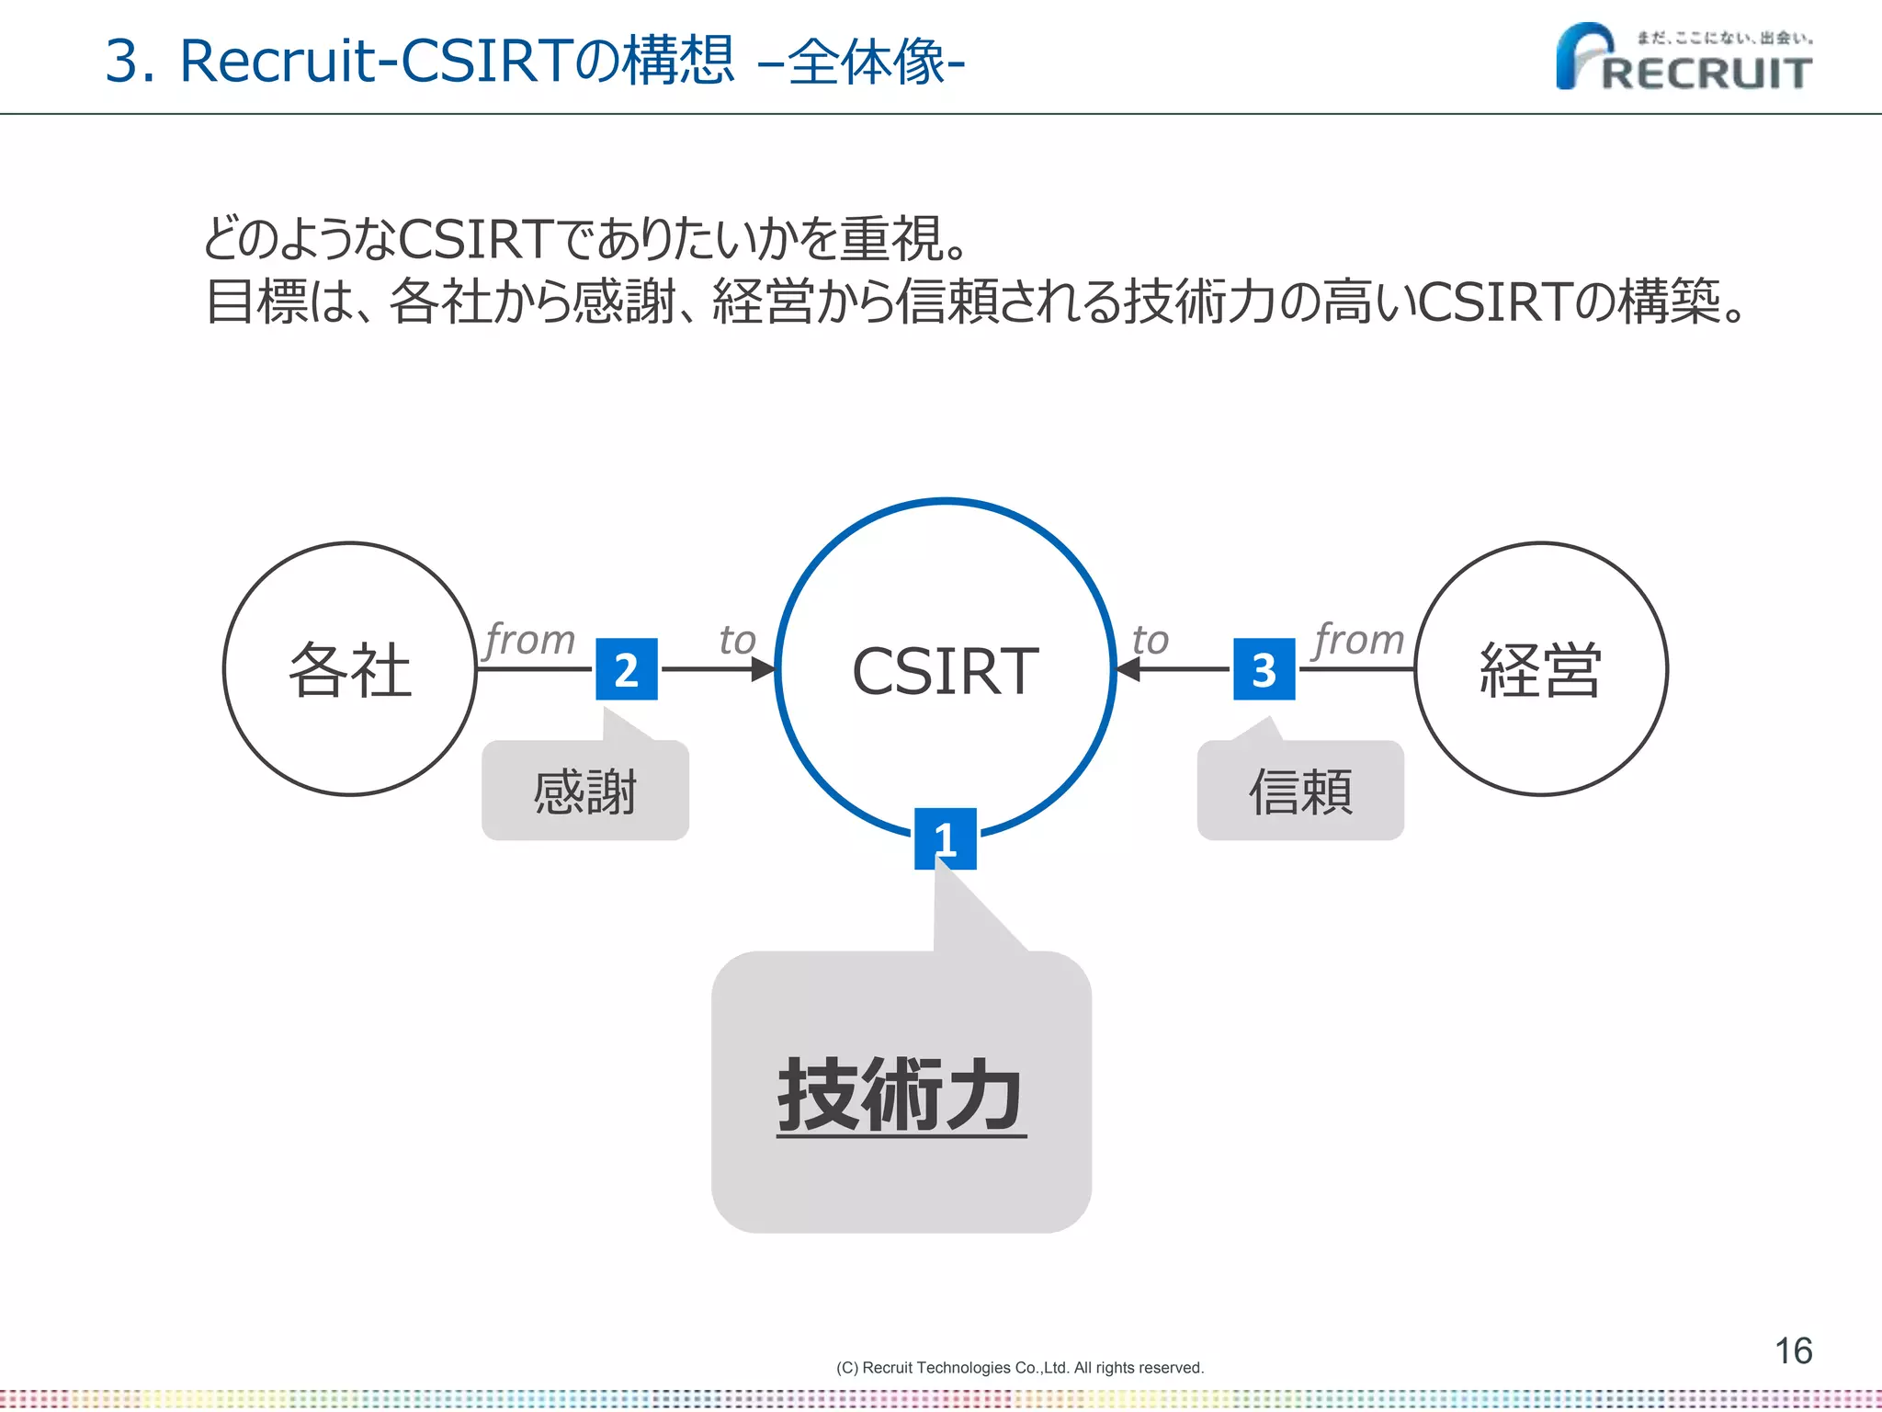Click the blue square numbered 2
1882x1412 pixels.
(627, 669)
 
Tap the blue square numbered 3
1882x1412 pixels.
(1264, 669)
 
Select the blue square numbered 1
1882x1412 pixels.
(945, 838)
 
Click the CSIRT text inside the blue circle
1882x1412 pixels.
(945, 671)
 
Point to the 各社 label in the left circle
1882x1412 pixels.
(350, 670)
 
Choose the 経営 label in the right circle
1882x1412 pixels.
(1541, 670)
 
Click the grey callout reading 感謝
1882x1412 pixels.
(585, 791)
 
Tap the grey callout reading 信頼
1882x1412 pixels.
(1300, 791)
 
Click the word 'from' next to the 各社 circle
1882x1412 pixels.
(530, 639)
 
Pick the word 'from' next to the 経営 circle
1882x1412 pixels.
(1359, 639)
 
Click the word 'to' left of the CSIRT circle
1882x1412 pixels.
(737, 640)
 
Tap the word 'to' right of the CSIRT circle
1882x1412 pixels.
(1151, 640)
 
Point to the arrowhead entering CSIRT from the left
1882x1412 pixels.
(764, 669)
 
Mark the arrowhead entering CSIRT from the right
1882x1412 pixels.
(1128, 669)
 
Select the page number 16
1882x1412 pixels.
(1793, 1350)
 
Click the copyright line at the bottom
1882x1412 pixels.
(1019, 1368)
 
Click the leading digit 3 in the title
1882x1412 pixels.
(121, 62)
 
